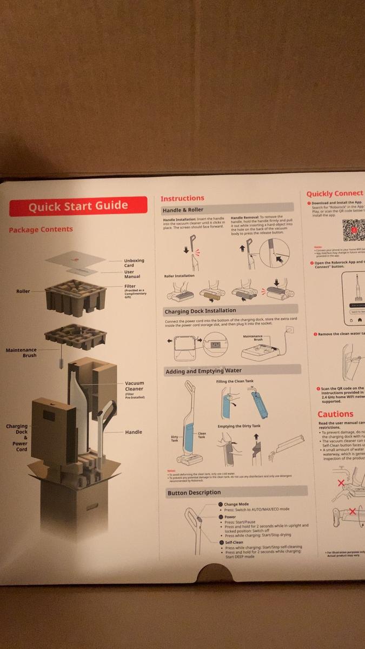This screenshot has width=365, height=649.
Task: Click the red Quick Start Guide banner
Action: pos(78,206)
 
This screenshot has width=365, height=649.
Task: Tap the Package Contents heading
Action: pos(41,229)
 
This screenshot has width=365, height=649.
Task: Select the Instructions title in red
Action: pos(182,198)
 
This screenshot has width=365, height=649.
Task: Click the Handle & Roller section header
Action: pos(183,210)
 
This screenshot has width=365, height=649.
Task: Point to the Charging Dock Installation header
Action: pos(200,312)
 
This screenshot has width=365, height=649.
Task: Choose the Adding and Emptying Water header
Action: pos(204,371)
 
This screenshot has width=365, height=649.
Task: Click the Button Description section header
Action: pos(194,492)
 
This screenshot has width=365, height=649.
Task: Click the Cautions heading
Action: pos(335,414)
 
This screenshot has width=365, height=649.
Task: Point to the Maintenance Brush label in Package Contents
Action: pos(21,353)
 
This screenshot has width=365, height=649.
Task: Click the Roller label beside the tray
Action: pos(23,292)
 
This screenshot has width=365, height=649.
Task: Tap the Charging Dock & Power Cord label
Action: pos(17,438)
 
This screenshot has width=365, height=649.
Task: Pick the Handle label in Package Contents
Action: pos(134,432)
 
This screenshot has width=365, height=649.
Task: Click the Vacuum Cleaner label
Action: pos(134,386)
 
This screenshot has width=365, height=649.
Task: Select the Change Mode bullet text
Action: pos(236,504)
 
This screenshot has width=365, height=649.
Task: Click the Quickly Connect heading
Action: pos(335,194)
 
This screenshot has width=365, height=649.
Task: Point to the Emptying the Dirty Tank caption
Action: pos(239,426)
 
